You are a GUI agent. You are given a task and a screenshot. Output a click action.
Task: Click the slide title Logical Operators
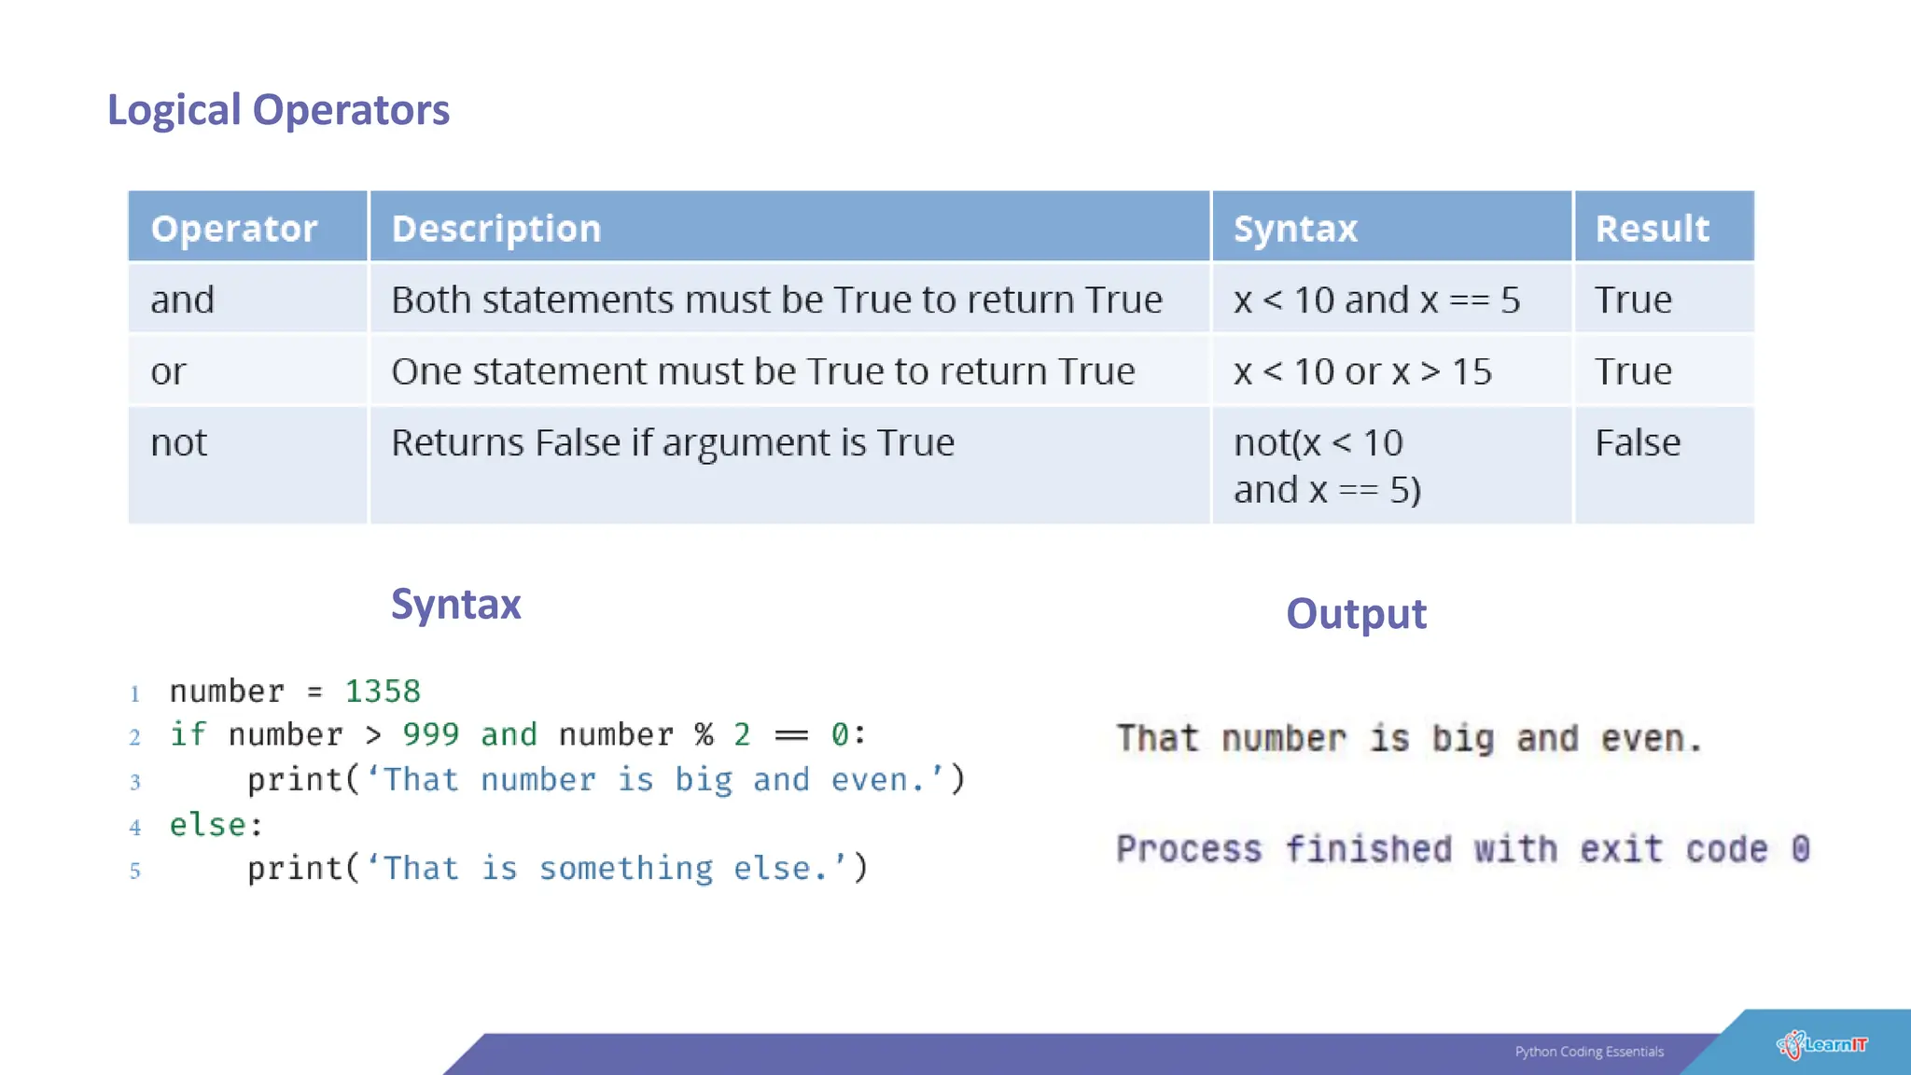tap(278, 110)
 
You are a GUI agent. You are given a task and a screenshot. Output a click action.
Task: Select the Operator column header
tap(234, 229)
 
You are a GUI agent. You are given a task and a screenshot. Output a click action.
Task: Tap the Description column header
tap(496, 229)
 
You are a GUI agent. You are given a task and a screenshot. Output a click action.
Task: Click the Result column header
tap(1652, 229)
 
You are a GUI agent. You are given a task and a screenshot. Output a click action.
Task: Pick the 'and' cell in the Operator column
tap(183, 300)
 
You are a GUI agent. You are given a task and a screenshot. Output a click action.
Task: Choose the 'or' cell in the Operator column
tap(169, 372)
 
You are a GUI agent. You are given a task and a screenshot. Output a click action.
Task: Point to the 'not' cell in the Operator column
tap(179, 443)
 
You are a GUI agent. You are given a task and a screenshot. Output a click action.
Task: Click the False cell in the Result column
tap(1638, 443)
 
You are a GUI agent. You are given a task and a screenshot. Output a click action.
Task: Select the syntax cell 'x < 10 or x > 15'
tap(1362, 372)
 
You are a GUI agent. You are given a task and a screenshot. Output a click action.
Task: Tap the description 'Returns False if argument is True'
tap(673, 443)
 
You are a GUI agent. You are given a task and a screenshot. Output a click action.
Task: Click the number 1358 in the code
tap(383, 691)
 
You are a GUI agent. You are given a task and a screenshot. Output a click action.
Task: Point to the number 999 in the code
tap(430, 735)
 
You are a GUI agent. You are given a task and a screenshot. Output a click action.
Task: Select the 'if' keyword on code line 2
tap(187, 734)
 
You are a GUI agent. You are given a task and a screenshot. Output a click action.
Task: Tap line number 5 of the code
tap(135, 871)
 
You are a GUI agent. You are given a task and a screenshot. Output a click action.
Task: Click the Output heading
tap(1356, 614)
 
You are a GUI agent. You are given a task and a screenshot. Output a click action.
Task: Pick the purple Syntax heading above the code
tap(455, 605)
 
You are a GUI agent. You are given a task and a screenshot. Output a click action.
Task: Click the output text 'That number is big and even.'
tap(1409, 739)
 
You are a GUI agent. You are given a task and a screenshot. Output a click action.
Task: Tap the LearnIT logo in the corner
tap(1821, 1045)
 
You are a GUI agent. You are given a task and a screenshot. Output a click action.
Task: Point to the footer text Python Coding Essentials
tap(1589, 1052)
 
